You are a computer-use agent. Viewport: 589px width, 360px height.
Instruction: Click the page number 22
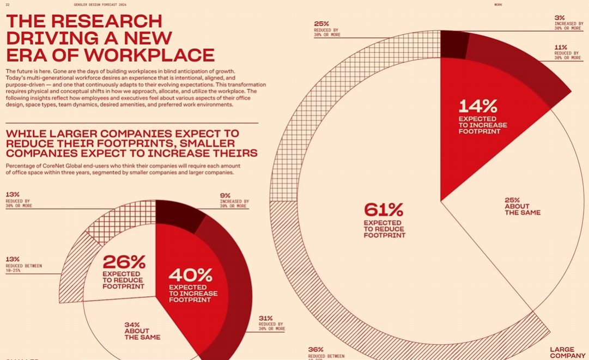coord(8,5)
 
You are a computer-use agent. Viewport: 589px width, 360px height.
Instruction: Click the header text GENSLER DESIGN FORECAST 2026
coord(100,5)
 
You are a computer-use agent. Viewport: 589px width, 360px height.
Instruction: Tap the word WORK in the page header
coord(498,5)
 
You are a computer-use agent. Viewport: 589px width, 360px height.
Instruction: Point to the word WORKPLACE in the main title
coord(149,55)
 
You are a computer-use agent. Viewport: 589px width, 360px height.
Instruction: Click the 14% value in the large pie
coord(478,105)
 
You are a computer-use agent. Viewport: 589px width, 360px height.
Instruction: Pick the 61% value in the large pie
coord(384,210)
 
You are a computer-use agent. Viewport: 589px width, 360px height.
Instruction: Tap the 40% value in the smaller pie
coord(190,274)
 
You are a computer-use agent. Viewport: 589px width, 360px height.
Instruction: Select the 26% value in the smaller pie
coord(124,262)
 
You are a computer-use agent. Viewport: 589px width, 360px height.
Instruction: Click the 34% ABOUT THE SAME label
coord(142,331)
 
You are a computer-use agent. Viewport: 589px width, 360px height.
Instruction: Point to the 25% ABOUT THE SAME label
coord(522,206)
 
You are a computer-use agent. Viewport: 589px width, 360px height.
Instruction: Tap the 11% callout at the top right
coord(567,52)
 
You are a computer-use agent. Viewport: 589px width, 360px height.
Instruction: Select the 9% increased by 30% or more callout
coord(234,200)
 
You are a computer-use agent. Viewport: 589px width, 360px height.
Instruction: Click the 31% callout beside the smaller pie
coord(271,323)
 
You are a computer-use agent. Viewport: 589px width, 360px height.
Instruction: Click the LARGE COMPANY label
coord(567,352)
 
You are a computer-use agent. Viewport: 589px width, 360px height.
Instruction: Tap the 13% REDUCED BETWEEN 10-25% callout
coord(23,264)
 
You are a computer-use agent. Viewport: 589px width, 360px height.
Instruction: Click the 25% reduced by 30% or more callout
coord(327,28)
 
